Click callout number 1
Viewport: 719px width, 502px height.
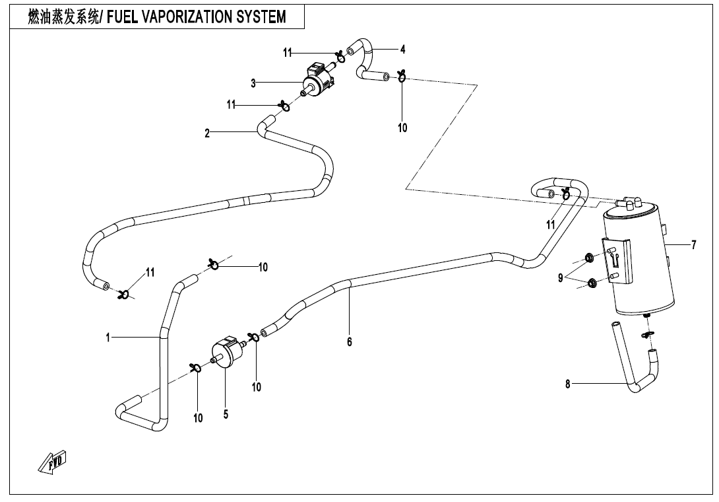click(107, 338)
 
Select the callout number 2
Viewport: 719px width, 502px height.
click(207, 133)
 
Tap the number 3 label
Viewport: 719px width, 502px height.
click(253, 83)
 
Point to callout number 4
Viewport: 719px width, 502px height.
click(402, 49)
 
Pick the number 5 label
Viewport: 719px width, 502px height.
click(226, 415)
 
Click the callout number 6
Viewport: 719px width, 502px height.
click(350, 341)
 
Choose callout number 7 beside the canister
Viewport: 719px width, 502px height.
click(693, 246)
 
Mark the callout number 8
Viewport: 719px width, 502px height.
click(567, 384)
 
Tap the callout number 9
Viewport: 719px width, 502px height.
click(561, 279)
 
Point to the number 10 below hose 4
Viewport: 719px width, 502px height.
click(402, 127)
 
